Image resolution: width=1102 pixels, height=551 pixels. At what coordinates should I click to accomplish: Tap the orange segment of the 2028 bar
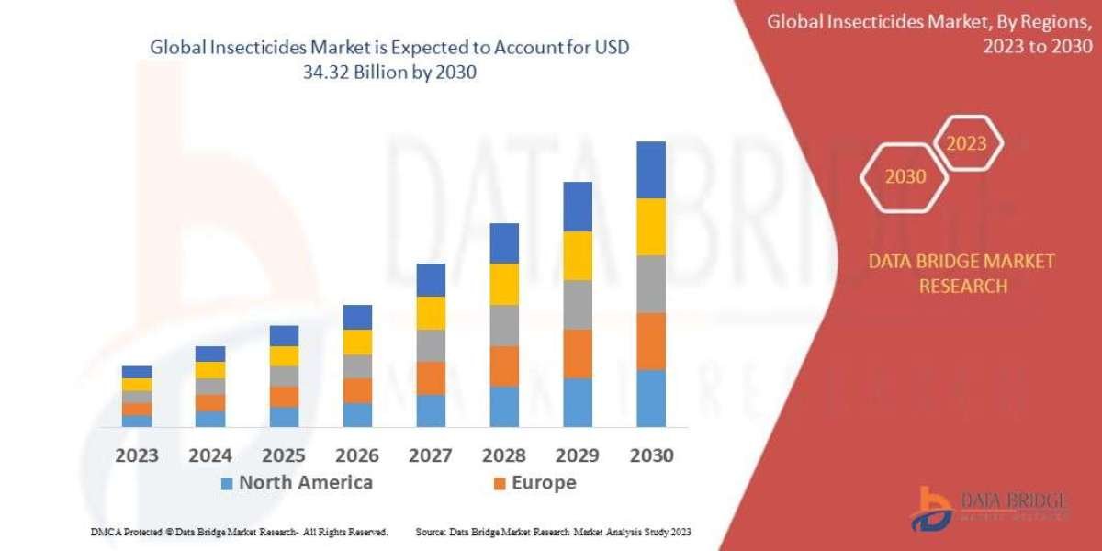click(x=503, y=365)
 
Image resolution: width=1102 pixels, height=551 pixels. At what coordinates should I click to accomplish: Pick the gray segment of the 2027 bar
click(x=430, y=345)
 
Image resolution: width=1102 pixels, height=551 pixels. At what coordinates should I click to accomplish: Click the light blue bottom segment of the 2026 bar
click(x=357, y=414)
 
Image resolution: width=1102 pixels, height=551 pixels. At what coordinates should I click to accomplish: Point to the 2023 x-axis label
click(x=137, y=455)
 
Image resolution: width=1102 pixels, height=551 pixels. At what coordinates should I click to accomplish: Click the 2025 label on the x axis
click(x=284, y=455)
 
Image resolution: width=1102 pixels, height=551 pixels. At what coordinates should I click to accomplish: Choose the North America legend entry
click(x=305, y=482)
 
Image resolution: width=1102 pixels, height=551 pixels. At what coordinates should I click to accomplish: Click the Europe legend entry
click(x=545, y=482)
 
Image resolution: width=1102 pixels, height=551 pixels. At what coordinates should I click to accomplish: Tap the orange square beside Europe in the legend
click(x=500, y=483)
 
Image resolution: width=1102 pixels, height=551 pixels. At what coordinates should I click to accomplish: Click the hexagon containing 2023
click(x=966, y=144)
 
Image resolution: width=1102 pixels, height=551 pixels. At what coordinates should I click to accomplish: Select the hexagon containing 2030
click(x=905, y=176)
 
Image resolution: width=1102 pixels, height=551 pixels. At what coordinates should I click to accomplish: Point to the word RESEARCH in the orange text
click(x=961, y=287)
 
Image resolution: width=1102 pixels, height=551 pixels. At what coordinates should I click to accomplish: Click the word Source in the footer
click(x=431, y=532)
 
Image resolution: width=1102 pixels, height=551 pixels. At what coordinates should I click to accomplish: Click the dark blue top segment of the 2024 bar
click(x=210, y=354)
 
